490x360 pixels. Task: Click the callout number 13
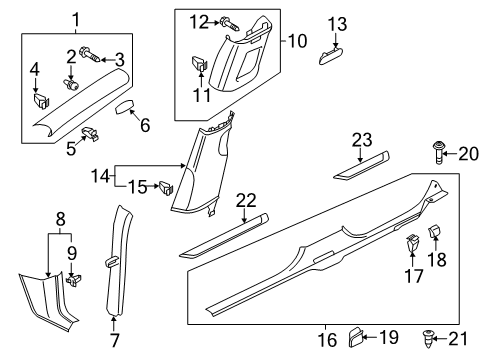pos(337,24)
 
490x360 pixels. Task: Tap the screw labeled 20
pos(438,153)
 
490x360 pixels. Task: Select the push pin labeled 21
pos(428,339)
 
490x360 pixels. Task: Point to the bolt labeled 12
pos(230,24)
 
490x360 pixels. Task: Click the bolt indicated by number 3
pos(89,55)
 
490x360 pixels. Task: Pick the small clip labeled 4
pos(42,100)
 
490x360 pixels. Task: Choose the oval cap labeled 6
pos(124,107)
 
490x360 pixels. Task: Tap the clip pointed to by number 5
pos(90,133)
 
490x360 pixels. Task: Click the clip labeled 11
pos(200,63)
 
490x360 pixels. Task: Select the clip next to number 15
pos(166,188)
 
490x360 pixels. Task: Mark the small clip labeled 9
pos(74,279)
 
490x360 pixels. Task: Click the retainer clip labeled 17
pos(412,243)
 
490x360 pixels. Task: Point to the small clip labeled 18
pos(434,231)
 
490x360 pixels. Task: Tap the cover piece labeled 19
pos(355,338)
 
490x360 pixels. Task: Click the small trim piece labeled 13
pos(331,56)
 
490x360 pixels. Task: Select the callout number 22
pos(246,201)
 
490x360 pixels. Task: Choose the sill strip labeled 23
pos(361,165)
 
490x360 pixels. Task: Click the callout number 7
pos(114,340)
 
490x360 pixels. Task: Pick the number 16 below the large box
pos(327,340)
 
